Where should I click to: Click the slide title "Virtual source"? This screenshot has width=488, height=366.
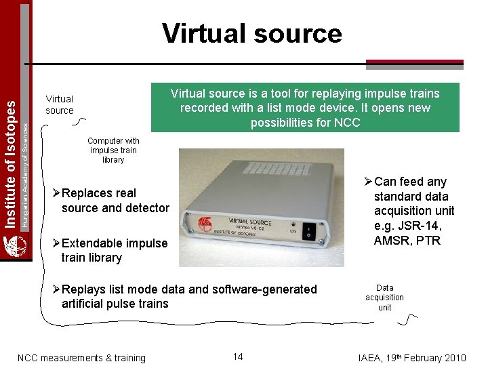(252, 33)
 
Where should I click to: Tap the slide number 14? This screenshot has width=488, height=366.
(238, 357)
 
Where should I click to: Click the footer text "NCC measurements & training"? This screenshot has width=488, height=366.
(81, 358)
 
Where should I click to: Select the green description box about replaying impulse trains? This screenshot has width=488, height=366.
(305, 108)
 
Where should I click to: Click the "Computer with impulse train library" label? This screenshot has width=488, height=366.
(113, 150)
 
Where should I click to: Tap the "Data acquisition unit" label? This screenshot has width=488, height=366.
(384, 298)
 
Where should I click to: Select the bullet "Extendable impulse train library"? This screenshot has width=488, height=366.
(112, 250)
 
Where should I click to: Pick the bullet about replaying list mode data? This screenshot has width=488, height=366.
(186, 296)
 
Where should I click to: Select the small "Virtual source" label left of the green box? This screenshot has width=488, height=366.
(60, 104)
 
